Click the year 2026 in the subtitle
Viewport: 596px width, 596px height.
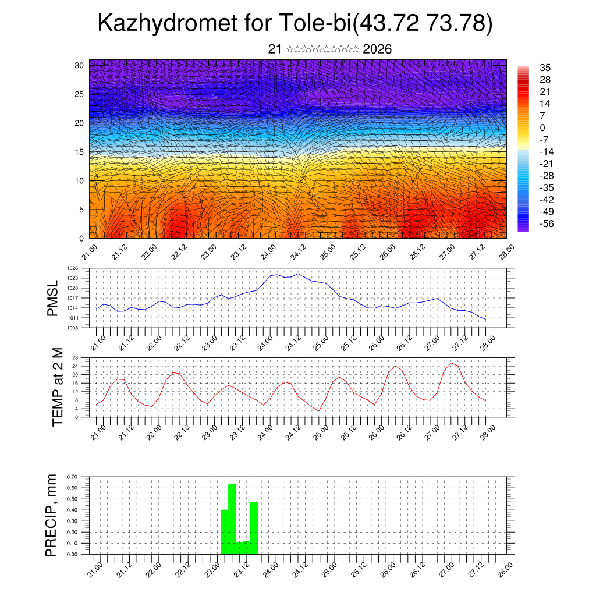377,49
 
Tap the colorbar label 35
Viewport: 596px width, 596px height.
545,68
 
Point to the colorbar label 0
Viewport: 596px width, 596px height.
542,127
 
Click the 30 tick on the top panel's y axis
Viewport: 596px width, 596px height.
79,65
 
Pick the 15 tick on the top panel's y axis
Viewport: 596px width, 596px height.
79,152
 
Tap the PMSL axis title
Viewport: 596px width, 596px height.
54,298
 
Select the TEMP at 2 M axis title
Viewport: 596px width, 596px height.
57,386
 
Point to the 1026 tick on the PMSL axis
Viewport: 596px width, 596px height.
72,268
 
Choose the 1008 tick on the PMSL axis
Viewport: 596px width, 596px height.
72,328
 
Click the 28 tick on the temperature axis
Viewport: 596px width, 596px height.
75,357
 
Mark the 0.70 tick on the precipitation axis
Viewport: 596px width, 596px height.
72,477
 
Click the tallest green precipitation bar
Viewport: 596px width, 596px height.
232,518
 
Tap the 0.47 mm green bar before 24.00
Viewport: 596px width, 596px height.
254,527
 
